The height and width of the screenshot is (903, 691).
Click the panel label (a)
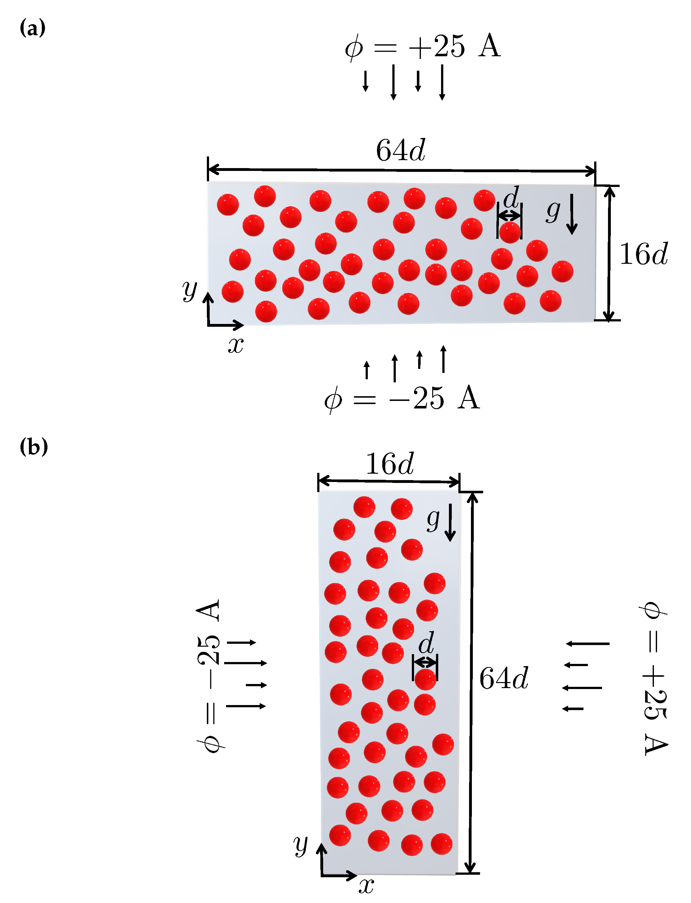tap(32, 28)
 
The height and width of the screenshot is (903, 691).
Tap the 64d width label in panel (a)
tap(400, 150)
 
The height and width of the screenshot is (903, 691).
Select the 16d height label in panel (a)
tap(644, 254)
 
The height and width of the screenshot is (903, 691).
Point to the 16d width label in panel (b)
tap(390, 464)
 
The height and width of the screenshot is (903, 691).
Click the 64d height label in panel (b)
tap(504, 678)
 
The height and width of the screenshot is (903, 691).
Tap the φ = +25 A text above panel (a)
tap(423, 47)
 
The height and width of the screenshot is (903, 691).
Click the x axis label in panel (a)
tap(236, 345)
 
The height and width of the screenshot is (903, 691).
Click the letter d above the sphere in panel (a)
tap(511, 198)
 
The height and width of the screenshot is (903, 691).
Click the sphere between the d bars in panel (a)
tap(510, 232)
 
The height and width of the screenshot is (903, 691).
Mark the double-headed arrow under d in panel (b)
tap(425, 662)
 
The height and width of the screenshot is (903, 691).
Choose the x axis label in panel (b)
tap(366, 886)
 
